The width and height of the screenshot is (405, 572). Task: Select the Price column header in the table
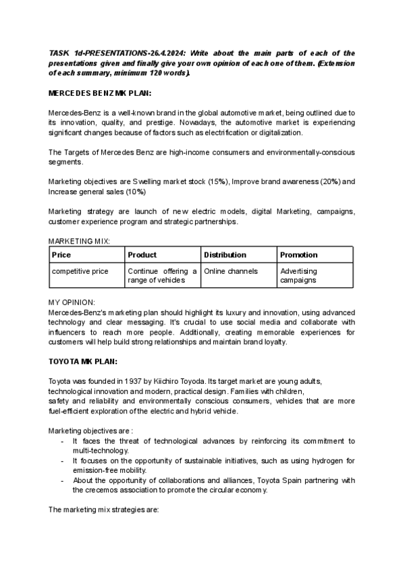click(61, 255)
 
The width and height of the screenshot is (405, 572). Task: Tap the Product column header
click(142, 255)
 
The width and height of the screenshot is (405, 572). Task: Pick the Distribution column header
click(225, 255)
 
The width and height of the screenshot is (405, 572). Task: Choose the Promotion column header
click(298, 255)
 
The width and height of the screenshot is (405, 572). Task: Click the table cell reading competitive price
click(80, 271)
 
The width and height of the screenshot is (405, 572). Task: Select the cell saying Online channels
click(231, 271)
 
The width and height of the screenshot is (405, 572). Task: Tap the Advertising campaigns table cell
click(298, 275)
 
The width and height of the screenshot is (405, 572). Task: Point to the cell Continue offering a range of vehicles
click(162, 275)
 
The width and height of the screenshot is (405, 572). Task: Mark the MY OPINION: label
click(72, 302)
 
